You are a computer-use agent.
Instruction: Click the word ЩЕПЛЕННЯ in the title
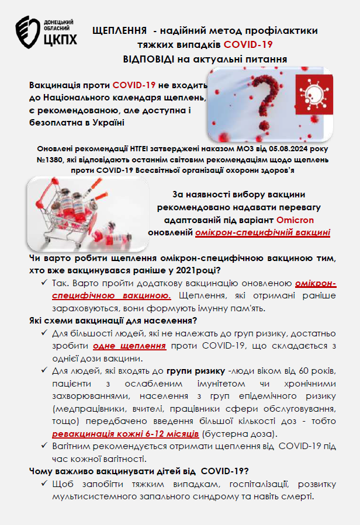click(x=116, y=30)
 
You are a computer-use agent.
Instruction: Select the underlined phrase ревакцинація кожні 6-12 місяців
click(x=126, y=434)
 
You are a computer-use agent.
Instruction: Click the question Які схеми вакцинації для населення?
click(x=112, y=321)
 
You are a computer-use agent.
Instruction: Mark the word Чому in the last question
click(x=40, y=470)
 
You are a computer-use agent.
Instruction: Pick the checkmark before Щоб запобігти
click(x=44, y=485)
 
